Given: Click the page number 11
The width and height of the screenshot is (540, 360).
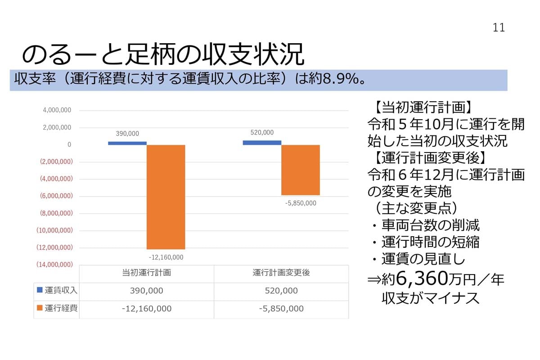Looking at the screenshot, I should point(499,27).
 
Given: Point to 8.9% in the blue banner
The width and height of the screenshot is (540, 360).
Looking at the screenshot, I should point(338,80).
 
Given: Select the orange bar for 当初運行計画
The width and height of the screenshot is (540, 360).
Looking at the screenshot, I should point(166,197).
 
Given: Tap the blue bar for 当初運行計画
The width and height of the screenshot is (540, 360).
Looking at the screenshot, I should point(127,143).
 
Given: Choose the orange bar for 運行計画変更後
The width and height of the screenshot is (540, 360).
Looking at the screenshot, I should point(301,170).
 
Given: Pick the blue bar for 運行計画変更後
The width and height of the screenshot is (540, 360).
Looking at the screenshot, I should point(262,143).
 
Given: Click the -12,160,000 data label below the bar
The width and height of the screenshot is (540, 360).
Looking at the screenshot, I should point(166,257).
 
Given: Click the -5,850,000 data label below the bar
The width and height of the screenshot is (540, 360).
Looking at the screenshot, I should point(301,203).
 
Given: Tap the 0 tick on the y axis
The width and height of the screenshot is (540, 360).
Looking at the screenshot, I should point(69,145).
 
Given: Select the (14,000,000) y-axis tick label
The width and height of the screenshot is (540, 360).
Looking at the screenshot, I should point(54,265).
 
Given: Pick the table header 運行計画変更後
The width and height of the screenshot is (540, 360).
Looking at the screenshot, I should point(281,273).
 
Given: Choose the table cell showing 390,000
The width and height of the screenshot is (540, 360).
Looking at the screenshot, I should point(146,291).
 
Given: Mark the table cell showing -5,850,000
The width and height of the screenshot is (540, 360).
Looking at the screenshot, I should point(281,309).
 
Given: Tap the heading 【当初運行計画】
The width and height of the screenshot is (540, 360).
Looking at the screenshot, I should point(423,108).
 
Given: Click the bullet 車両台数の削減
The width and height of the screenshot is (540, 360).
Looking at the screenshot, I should point(430,225).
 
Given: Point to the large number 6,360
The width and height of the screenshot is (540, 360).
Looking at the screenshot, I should point(421,280).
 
